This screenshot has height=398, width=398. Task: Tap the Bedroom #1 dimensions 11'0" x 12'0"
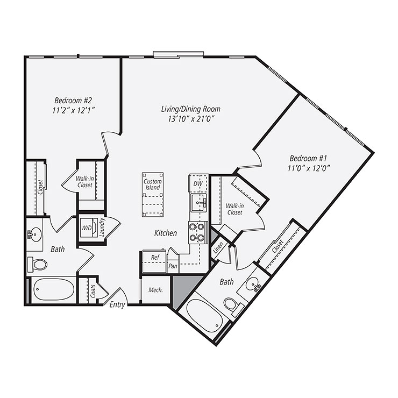tap(309, 167)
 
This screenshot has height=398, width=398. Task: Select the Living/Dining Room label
tap(191, 109)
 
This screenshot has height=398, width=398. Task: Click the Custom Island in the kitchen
tap(153, 194)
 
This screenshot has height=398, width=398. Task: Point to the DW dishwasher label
tap(197, 183)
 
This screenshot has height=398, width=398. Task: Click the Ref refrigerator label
tap(155, 258)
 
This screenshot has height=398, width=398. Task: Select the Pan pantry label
tap(173, 266)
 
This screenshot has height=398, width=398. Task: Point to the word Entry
tap(117, 305)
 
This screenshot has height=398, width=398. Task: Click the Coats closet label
tap(93, 291)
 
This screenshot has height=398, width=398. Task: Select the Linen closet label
tap(218, 248)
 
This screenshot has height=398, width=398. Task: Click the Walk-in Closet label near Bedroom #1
tap(234, 209)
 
